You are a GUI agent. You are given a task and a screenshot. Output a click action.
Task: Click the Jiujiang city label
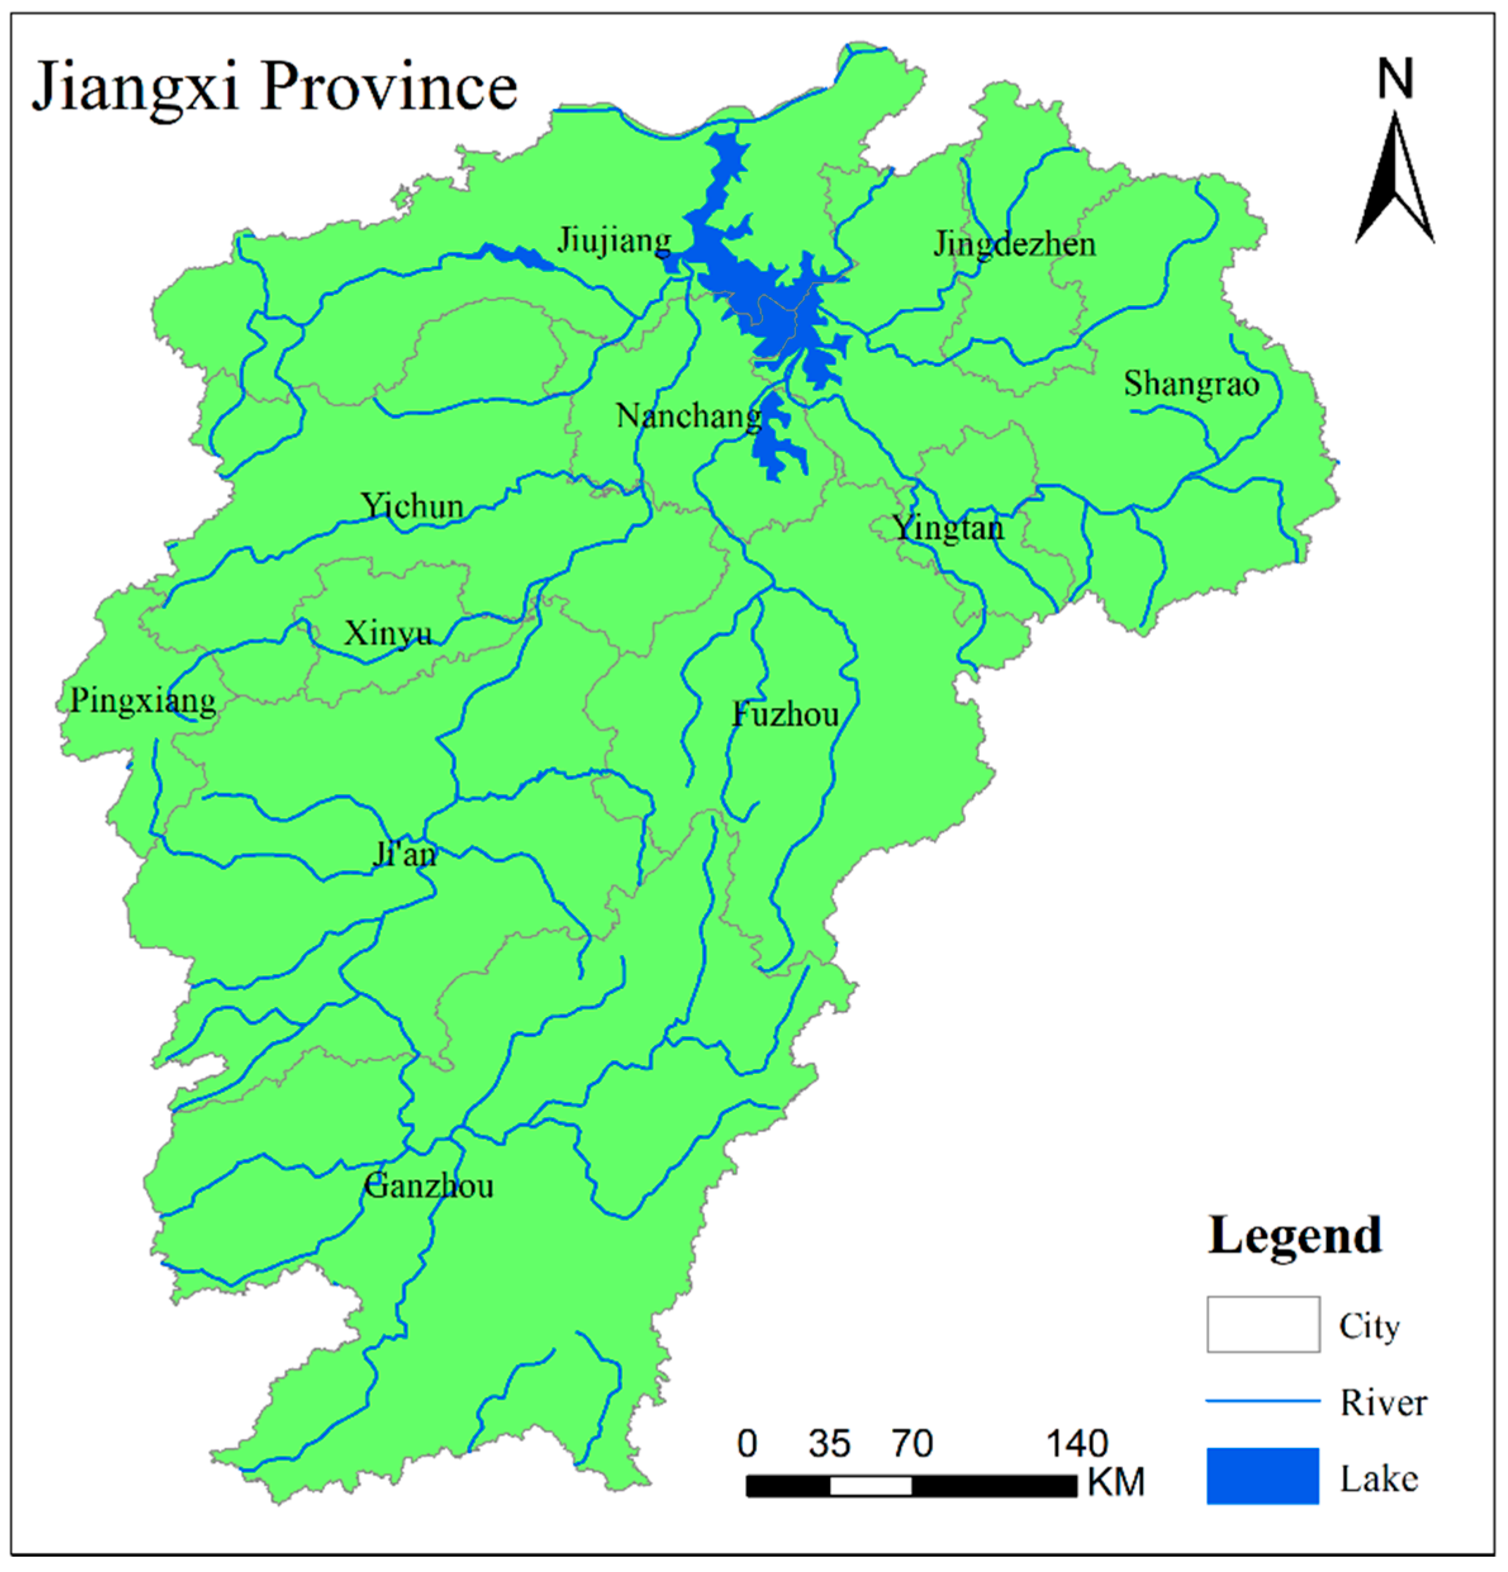[613, 240]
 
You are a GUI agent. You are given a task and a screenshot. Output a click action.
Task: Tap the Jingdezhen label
[1014, 244]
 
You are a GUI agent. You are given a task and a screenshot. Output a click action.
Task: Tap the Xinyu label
[388, 633]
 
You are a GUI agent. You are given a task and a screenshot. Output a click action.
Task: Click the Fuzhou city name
[785, 714]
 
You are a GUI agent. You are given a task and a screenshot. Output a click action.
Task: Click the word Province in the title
[389, 87]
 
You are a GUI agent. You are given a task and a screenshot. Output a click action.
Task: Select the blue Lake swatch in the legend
[1262, 1476]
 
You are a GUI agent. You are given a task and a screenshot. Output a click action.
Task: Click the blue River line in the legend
[1262, 1401]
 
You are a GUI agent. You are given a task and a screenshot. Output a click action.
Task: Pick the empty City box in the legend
[1262, 1324]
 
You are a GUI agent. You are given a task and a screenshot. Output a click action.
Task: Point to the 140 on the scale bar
[1076, 1444]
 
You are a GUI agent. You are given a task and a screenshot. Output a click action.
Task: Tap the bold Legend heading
[1294, 1235]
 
